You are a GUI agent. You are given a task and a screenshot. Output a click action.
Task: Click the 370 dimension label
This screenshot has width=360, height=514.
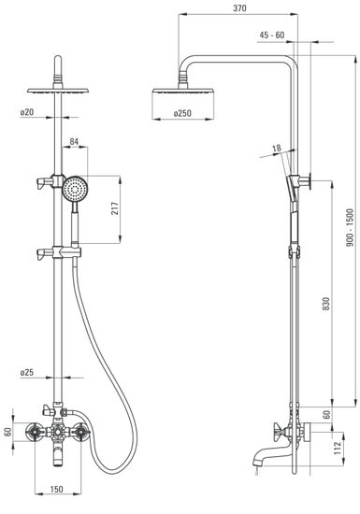pos(239,8)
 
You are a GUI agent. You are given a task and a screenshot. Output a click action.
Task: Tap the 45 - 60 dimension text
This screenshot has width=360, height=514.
pos(272,36)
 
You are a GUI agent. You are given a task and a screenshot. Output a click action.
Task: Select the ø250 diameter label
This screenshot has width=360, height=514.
pos(182,113)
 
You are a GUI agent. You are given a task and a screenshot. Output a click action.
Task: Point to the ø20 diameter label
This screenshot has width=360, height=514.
pos(27,112)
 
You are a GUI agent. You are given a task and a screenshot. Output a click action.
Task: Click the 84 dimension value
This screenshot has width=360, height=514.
pos(75,141)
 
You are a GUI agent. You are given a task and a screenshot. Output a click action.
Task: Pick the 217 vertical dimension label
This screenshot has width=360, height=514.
pos(115,208)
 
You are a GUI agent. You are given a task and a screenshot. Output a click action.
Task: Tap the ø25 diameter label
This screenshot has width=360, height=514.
pos(27,372)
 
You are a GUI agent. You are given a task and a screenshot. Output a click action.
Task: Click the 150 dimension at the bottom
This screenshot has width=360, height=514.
pos(56,490)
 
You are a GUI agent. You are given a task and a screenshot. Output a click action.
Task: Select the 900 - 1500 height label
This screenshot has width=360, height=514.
pos(350,228)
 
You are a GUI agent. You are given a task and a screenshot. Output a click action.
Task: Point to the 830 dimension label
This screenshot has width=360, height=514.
pos(325,305)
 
